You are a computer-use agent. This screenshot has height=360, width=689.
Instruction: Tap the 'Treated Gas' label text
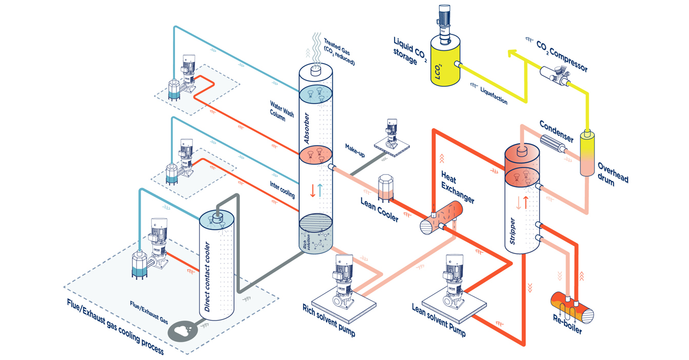tap(339, 51)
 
